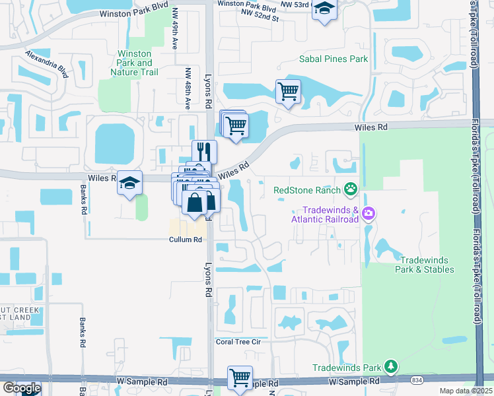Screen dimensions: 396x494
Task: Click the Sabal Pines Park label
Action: [333, 59]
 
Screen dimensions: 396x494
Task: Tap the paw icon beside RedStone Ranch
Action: [351, 190]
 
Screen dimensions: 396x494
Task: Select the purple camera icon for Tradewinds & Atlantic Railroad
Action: [369, 214]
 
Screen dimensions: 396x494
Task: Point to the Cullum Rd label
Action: [184, 240]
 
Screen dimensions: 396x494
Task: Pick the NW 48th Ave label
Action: [188, 84]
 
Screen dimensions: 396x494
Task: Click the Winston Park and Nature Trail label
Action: [134, 63]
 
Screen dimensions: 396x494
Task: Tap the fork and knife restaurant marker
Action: [204, 151]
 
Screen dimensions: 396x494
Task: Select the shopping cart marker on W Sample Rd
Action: [240, 378]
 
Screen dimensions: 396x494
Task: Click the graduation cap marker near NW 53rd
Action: [324, 9]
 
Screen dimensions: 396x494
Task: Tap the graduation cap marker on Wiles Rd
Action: [130, 183]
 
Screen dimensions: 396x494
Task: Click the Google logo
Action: [22, 388]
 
